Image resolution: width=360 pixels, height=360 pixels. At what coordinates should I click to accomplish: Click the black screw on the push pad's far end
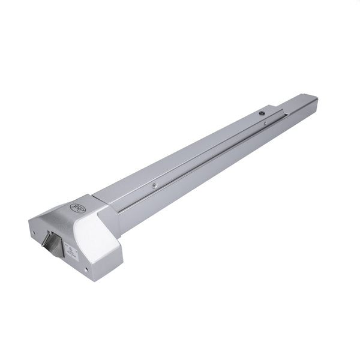click(x=262, y=112)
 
